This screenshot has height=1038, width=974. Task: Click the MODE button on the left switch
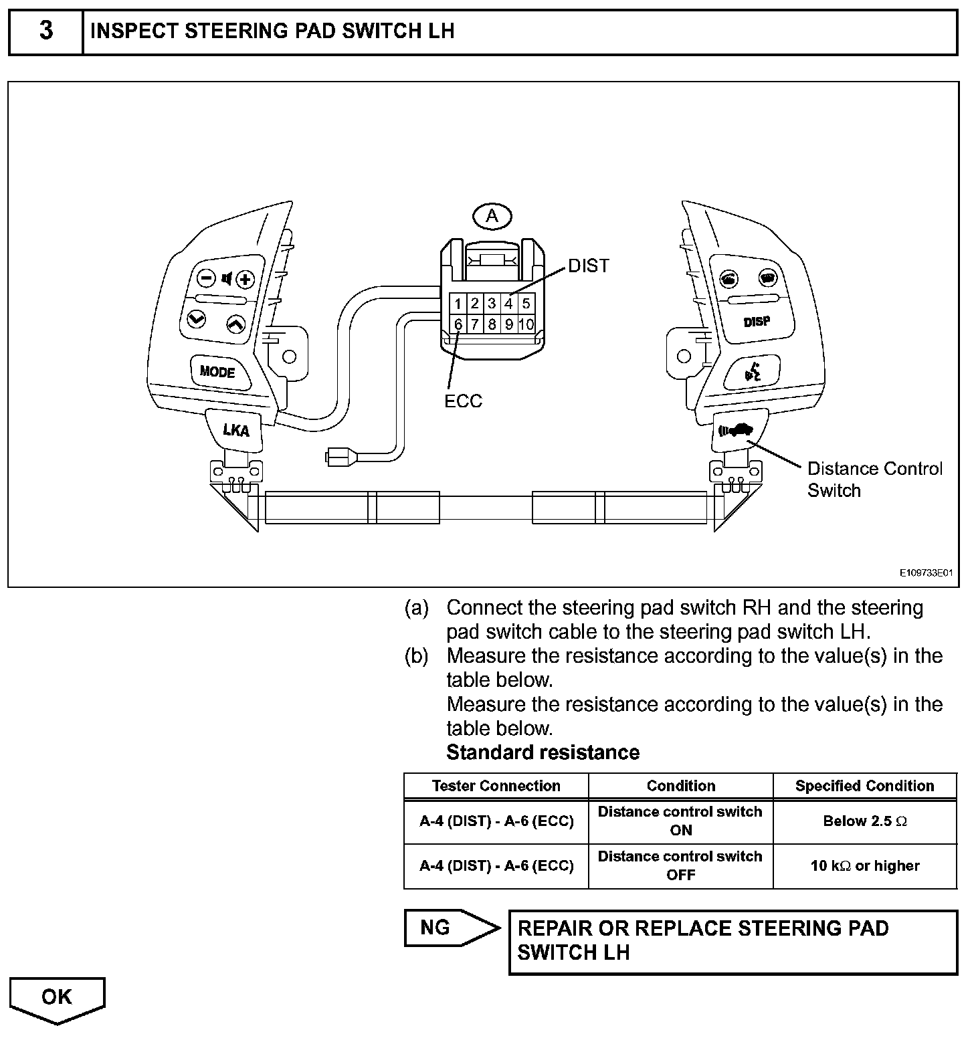pos(217,371)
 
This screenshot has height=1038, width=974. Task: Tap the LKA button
pos(235,430)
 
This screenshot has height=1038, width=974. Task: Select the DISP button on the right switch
pos(757,322)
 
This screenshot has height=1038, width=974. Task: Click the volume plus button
pos(246,279)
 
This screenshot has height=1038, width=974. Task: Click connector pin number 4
pos(508,304)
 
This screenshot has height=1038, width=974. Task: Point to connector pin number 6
pos(458,325)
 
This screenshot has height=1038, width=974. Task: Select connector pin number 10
pos(526,325)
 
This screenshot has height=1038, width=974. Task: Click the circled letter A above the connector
pos(492,216)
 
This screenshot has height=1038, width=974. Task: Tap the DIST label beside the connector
pos(589,266)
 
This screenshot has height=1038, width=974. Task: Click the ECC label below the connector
pos(463,401)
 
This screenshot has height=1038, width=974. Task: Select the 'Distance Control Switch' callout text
pos(874,480)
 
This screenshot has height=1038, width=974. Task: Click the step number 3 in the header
pos(46,31)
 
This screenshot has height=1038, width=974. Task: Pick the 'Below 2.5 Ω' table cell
pos(864,821)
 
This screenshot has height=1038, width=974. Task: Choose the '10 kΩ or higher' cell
pos(864,866)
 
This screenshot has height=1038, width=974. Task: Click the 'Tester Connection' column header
pos(496,786)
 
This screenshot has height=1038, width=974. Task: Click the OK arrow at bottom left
pos(57,997)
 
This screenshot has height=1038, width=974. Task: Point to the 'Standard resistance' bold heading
pos(543,752)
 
